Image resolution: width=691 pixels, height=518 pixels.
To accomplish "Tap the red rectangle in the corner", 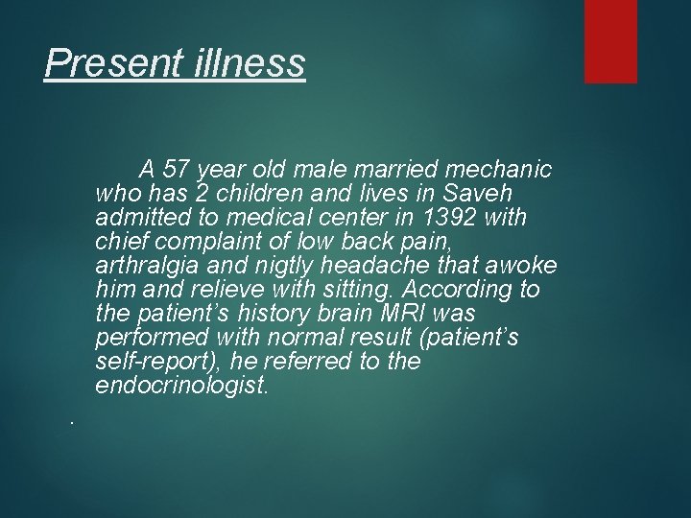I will pos(611,40).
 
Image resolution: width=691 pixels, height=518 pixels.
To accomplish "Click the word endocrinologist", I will pos(182,386).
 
